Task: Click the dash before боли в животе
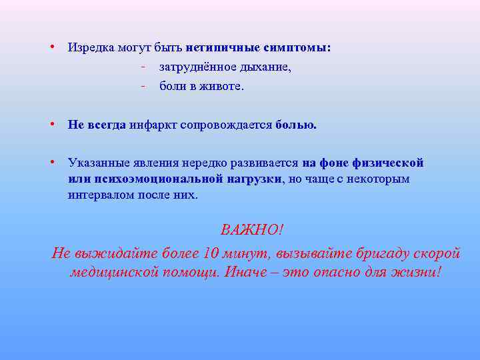coord(143,85)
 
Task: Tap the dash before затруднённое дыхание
coord(143,67)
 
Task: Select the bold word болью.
coord(296,125)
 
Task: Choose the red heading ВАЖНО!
coord(252,230)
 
